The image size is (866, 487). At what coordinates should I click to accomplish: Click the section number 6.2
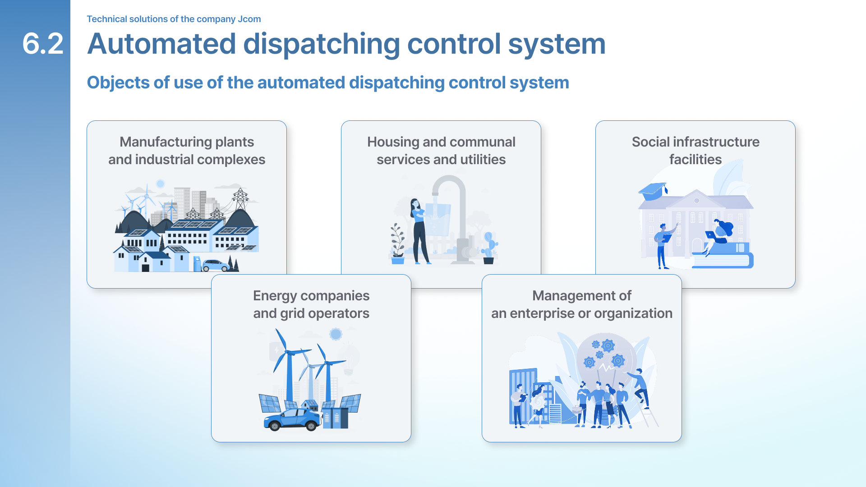(x=43, y=44)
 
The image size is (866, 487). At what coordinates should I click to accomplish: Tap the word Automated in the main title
(x=161, y=44)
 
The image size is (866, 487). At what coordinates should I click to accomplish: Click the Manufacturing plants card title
(x=187, y=151)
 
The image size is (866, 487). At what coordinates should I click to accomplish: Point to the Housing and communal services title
(x=441, y=151)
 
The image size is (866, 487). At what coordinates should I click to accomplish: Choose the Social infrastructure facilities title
(x=695, y=151)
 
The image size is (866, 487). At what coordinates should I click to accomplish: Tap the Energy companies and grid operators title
(x=311, y=304)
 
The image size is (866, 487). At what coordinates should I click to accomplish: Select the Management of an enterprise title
(x=582, y=304)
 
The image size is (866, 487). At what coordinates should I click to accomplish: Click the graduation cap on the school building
(x=653, y=191)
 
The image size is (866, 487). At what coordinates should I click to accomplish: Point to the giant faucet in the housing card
(x=456, y=216)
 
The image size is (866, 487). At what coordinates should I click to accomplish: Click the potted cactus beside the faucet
(x=489, y=248)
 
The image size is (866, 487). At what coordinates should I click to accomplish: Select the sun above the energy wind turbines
(x=336, y=334)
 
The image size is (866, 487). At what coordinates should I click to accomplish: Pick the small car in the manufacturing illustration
(x=216, y=265)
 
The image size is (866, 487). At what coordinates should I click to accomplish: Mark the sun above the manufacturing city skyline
(x=160, y=184)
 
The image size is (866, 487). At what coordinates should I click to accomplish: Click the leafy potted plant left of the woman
(x=397, y=243)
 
